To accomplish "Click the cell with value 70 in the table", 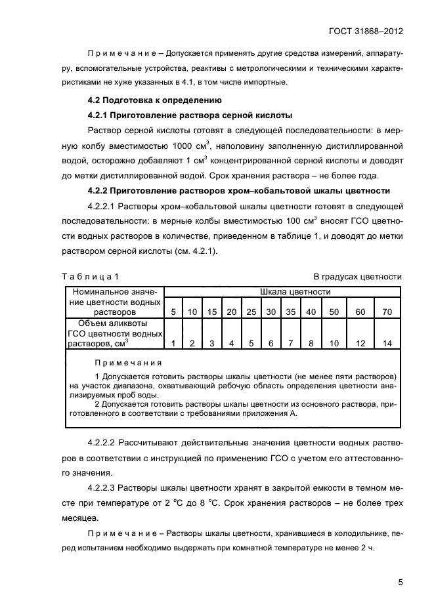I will tap(387, 312).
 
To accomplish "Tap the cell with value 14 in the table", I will tap(387, 343).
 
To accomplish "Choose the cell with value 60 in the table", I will tap(360, 312).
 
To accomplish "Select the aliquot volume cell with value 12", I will tap(360, 343).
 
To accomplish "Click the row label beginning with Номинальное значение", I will tap(115, 301).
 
